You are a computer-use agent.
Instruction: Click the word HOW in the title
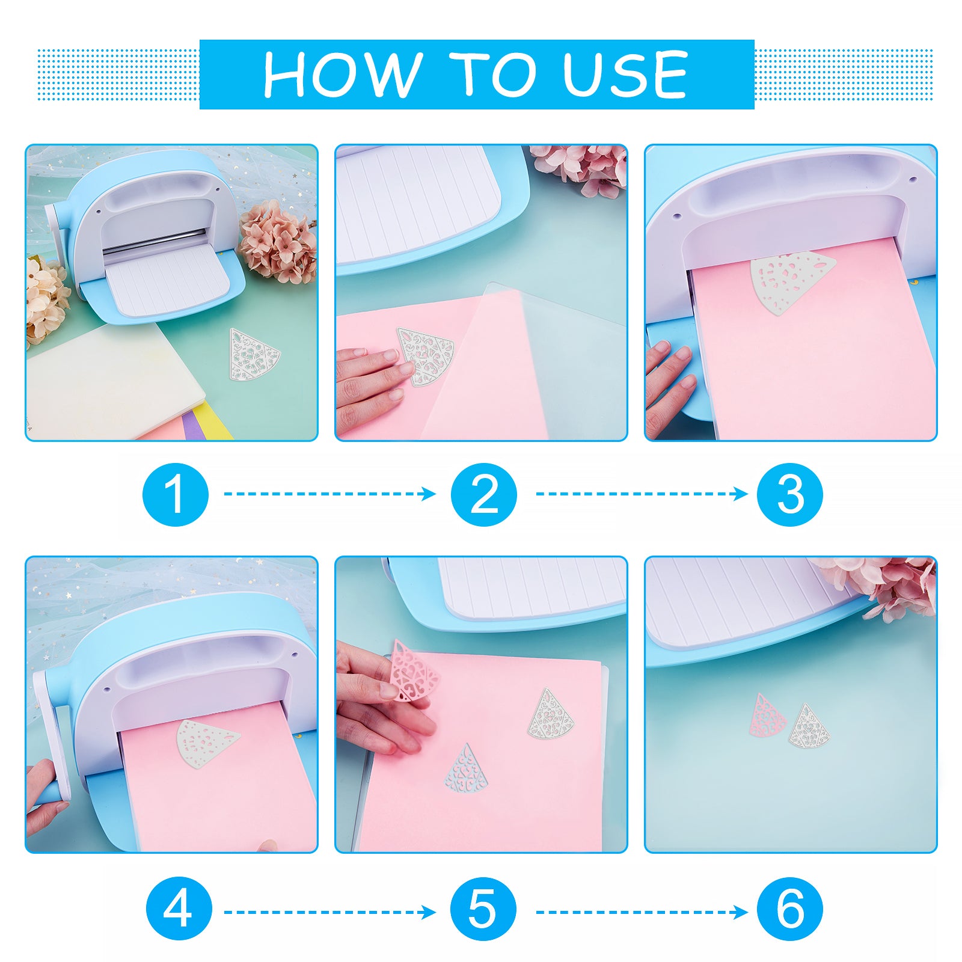(x=342, y=74)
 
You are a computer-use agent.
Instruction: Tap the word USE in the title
(x=625, y=74)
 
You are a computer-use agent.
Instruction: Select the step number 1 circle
(x=176, y=494)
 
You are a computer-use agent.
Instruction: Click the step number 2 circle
(x=484, y=494)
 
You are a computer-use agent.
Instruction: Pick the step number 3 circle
(x=789, y=494)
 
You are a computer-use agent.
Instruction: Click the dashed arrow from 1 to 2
(x=330, y=494)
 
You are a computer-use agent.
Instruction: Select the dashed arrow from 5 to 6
(x=642, y=913)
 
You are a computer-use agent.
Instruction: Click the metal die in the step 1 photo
(x=254, y=354)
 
